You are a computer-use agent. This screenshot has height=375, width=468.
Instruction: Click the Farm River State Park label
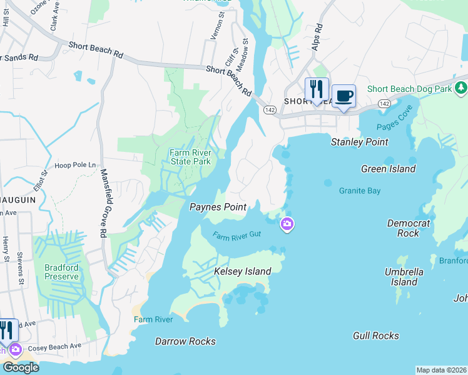point(191,156)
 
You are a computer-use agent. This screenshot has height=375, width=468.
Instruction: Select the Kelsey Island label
point(242,271)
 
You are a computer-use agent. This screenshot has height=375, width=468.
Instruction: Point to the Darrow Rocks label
point(185,341)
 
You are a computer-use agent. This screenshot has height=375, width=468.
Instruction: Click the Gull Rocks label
point(375,336)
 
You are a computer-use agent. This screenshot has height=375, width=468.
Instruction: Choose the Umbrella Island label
point(404,277)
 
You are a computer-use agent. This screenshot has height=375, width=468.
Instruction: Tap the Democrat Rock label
point(408,227)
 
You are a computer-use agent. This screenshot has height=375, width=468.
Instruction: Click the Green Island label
point(388,169)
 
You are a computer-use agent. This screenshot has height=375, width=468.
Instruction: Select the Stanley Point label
point(359,142)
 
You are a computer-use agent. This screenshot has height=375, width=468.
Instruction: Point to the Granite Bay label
point(359,191)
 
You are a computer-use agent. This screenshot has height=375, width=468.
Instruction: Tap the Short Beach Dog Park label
point(409,89)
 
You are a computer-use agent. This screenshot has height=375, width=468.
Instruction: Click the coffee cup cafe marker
point(343,96)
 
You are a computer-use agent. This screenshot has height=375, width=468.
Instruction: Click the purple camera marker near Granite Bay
point(287,223)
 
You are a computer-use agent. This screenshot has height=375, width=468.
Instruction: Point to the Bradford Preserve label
point(61,272)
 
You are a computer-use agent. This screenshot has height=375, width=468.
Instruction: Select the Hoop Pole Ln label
point(75,165)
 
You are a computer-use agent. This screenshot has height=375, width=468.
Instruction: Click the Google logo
point(21,367)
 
